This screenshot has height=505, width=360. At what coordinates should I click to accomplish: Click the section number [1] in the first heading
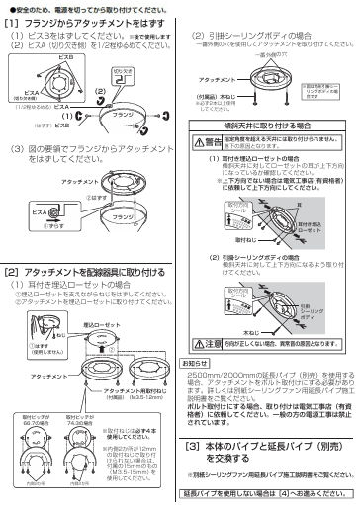(x=12, y=20)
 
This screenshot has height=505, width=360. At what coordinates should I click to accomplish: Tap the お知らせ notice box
(x=199, y=364)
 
